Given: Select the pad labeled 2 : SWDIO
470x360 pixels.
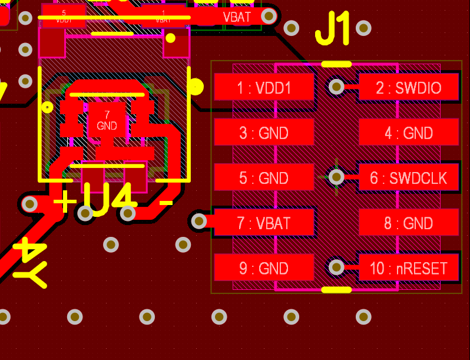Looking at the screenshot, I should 408,87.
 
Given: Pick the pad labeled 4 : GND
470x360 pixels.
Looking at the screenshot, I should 408,133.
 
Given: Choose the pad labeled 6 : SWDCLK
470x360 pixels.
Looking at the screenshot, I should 408,177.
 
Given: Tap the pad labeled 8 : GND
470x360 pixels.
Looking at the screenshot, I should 408,223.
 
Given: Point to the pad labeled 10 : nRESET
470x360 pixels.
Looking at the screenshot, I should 408,268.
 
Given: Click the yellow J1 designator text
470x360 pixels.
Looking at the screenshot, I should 333,29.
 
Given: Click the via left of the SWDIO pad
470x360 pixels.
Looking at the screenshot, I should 336,87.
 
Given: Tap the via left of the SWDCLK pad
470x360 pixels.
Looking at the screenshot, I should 336,176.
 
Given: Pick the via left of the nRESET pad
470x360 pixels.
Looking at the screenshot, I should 336,267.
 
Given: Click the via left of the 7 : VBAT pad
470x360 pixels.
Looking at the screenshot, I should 199,222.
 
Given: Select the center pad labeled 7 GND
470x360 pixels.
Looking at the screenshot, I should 107,120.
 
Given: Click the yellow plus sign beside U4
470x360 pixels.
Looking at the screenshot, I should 65,202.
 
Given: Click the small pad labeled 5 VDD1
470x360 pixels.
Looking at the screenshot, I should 64,16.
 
